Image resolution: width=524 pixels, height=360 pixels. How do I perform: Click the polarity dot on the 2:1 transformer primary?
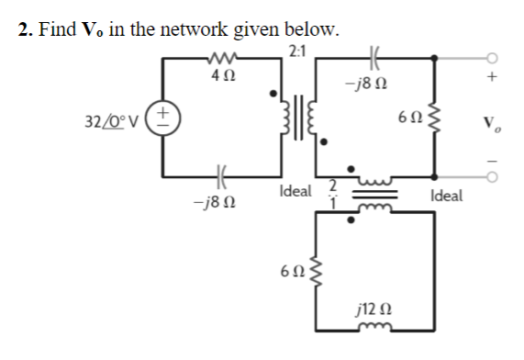273,93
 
